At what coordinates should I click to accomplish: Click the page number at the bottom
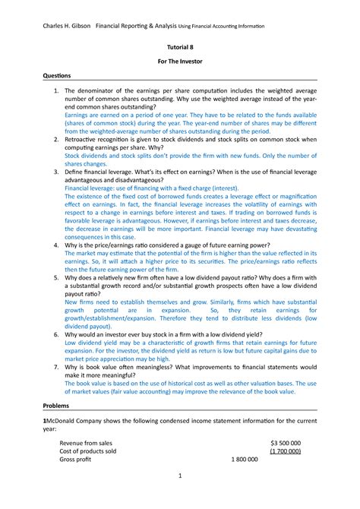pos(179,497)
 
